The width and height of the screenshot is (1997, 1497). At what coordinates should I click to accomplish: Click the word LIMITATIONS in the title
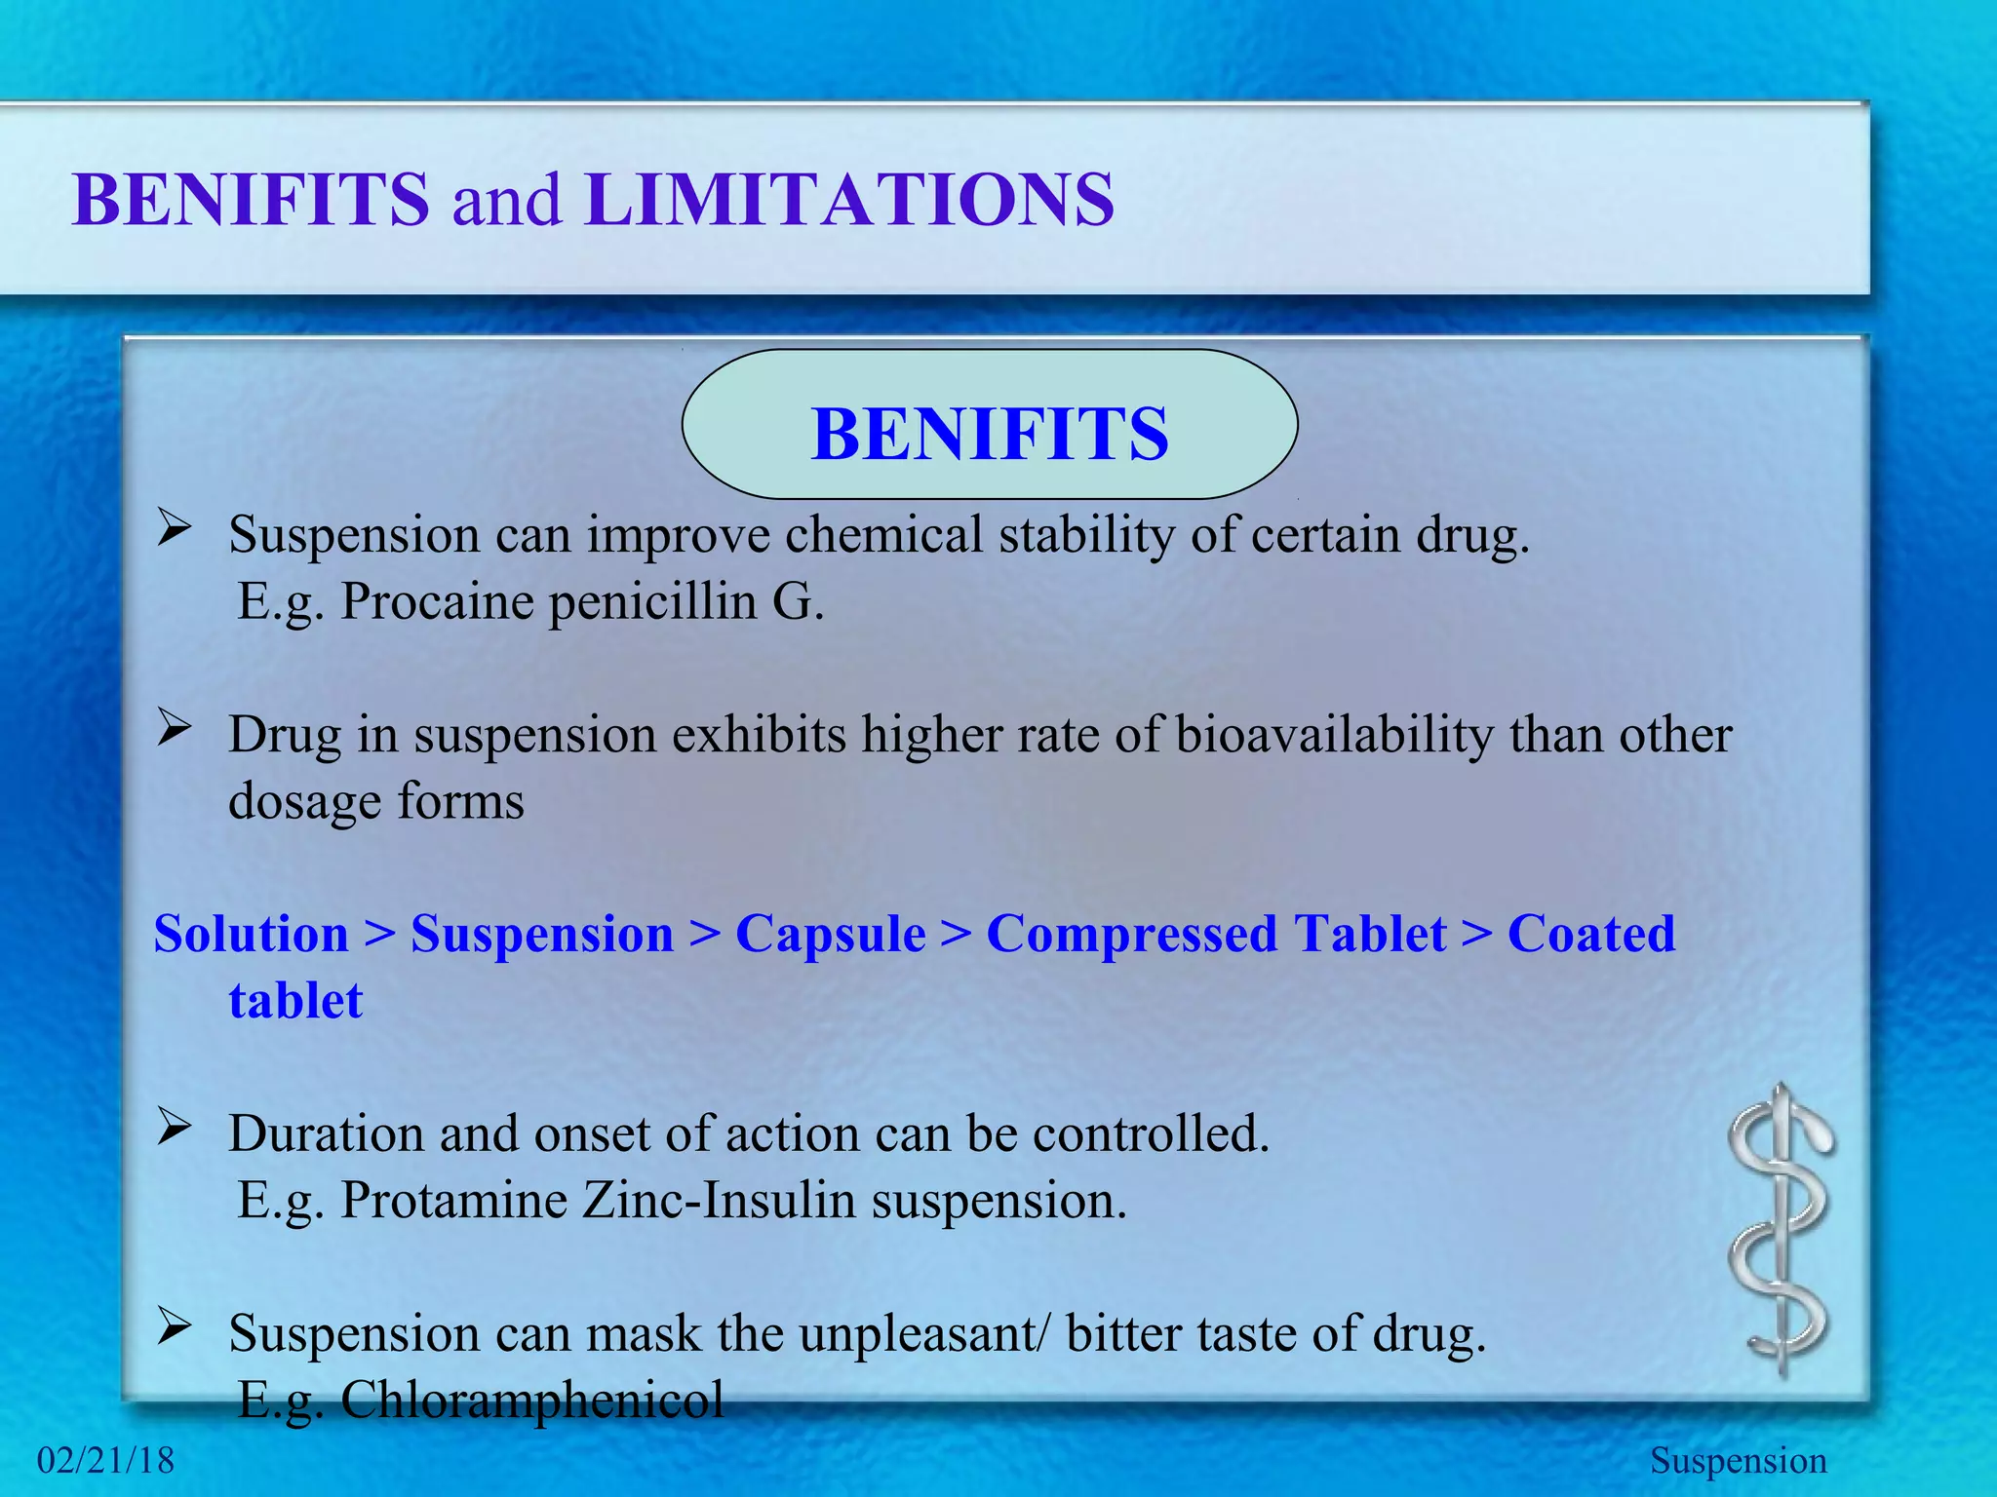point(849,200)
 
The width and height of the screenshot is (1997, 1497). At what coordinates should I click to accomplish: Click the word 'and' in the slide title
point(506,200)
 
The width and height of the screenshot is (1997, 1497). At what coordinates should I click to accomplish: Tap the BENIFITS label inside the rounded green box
point(990,434)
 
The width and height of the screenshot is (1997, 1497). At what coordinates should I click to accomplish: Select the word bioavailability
point(1334,735)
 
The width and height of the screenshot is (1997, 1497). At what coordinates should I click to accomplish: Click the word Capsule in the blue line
point(831,934)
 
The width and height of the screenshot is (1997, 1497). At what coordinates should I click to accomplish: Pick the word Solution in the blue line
point(252,934)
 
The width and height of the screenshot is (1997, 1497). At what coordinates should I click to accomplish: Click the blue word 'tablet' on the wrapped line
point(295,1000)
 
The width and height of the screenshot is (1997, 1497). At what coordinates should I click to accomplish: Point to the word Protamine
point(453,1200)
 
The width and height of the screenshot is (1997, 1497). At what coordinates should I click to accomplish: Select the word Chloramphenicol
point(531,1401)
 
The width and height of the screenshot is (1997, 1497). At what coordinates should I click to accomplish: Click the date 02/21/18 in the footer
point(105,1460)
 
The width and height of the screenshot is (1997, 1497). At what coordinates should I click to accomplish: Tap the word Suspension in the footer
point(1738,1460)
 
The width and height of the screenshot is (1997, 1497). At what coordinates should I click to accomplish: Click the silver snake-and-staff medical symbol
point(1781,1230)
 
